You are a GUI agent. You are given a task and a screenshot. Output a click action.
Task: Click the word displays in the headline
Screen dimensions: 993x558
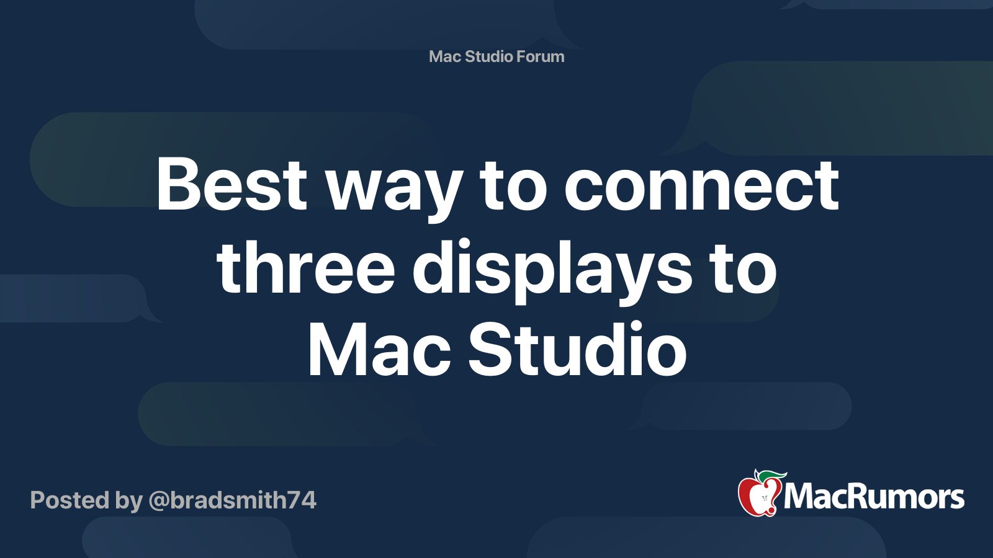pos(552,271)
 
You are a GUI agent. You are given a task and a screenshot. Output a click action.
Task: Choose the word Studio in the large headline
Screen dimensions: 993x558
pos(577,348)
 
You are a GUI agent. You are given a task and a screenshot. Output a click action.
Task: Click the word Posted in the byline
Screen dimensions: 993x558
pos(70,500)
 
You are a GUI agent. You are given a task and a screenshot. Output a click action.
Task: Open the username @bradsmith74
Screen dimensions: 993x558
pos(232,500)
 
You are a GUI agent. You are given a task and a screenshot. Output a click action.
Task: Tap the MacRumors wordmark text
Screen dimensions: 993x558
pos(874,497)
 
